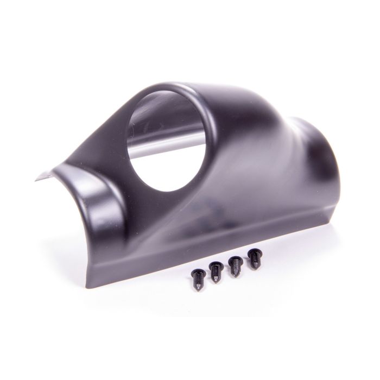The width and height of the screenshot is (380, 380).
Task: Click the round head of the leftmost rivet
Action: coord(196,273)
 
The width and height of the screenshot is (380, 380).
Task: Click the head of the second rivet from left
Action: coord(214,265)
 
